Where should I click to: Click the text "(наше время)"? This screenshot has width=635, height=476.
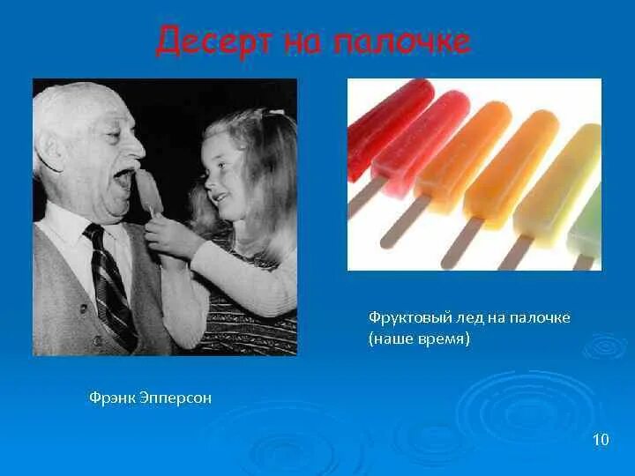pos(419,339)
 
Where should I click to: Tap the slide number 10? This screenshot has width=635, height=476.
pos(601,439)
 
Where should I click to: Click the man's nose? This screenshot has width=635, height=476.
pos(134,144)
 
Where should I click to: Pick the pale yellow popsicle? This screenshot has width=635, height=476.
pos(556,185)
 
